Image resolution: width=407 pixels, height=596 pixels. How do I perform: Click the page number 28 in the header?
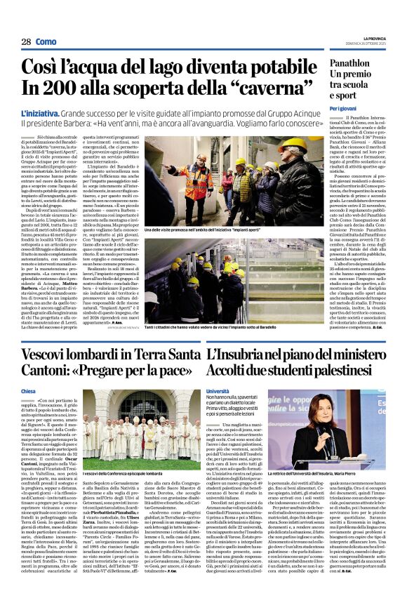tap(26, 42)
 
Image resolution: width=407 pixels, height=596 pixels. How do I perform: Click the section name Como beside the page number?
tap(46, 42)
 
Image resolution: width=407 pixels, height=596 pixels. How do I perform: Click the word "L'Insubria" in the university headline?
tap(242, 355)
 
